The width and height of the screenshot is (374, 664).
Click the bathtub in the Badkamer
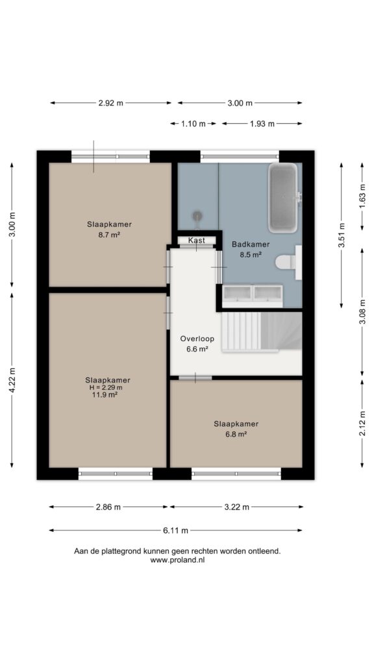tap(283, 198)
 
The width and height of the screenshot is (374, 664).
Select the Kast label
tap(197, 240)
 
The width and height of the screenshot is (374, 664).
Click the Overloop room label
tap(197, 338)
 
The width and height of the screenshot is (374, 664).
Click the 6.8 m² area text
tap(236, 434)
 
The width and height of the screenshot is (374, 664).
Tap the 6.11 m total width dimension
tap(176, 530)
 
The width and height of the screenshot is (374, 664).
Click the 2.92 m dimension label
tap(110, 103)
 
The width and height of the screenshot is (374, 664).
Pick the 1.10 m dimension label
tap(193, 124)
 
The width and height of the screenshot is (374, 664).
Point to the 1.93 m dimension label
tap(262, 124)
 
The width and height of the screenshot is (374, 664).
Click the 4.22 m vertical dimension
tap(12, 380)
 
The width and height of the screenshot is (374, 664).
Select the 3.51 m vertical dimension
tap(342, 235)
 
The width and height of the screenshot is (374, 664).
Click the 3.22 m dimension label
tap(236, 507)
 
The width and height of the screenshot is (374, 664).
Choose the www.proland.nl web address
tap(178, 560)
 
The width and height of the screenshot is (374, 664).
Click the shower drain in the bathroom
tap(197, 217)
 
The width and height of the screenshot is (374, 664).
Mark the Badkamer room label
tap(251, 244)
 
